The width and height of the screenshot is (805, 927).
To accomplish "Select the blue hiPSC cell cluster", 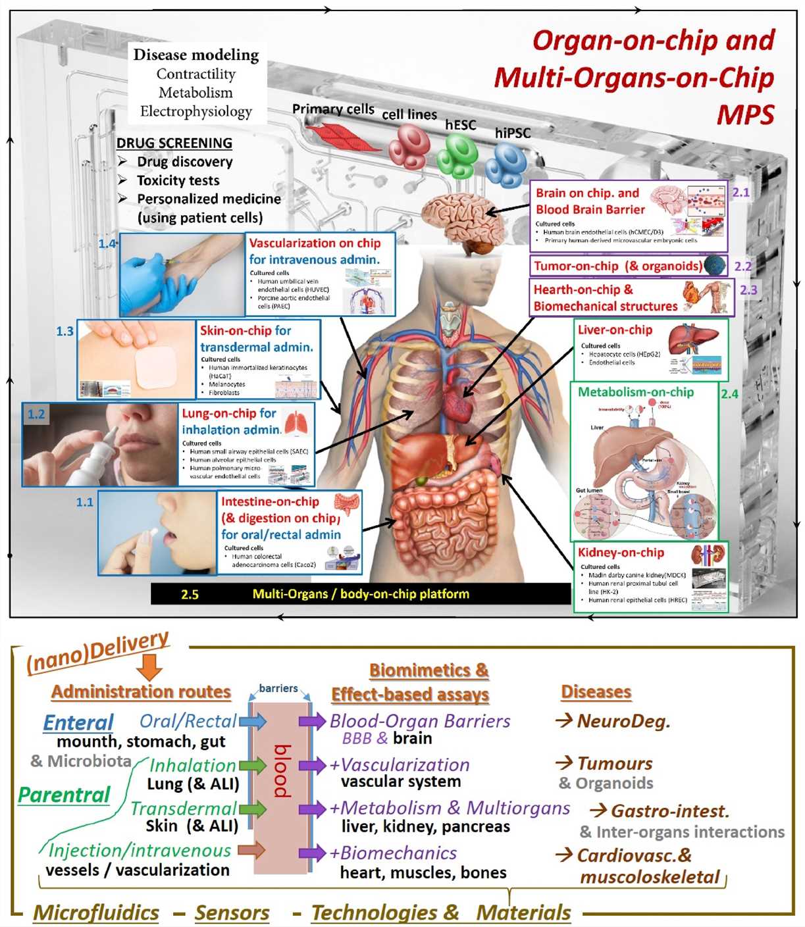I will (x=506, y=165).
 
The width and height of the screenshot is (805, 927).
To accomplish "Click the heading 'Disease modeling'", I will (x=196, y=55).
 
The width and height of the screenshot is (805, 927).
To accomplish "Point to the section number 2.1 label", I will (x=741, y=192).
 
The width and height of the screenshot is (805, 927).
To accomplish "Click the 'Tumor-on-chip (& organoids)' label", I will (x=618, y=266).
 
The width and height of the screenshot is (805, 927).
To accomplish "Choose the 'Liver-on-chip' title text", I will (x=615, y=330).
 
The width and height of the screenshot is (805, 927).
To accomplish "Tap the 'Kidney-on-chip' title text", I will (x=621, y=553).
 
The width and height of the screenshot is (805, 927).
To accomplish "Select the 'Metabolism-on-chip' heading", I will (x=636, y=392).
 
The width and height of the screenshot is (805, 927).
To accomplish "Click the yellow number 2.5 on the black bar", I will (x=190, y=594).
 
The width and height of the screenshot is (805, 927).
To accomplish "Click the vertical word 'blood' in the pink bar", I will (x=282, y=770).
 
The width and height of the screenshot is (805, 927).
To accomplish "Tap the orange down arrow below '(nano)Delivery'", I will (x=151, y=667).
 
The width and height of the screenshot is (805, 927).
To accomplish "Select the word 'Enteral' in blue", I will (x=78, y=722).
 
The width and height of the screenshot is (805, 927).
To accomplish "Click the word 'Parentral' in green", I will (x=64, y=795).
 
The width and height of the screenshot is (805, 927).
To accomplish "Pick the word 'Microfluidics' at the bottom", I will (x=96, y=913).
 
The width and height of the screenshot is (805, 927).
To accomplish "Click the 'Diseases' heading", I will (x=596, y=692).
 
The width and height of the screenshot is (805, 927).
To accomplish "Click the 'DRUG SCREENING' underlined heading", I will (x=174, y=143).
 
